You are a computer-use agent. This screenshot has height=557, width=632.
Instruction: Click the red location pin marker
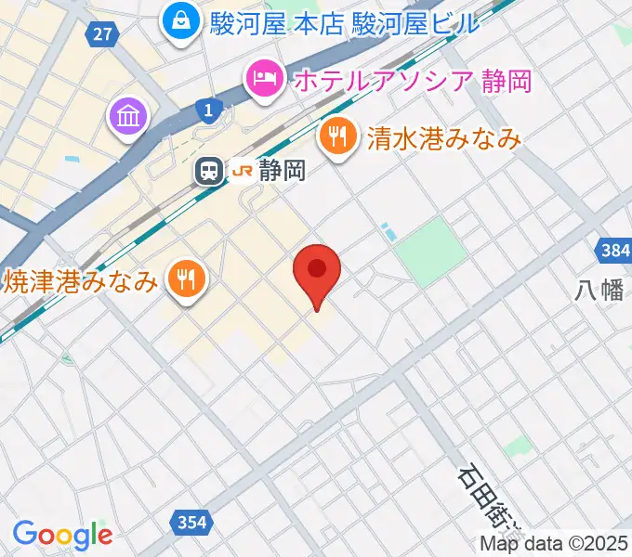coord(317,271)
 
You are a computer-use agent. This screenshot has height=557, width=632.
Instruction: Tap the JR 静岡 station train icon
coord(209,171)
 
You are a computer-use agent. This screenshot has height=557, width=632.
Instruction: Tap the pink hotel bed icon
coord(264,80)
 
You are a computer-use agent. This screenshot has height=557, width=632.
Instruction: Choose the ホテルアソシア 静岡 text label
coord(413,81)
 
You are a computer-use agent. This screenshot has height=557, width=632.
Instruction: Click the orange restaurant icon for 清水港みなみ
coord(336,139)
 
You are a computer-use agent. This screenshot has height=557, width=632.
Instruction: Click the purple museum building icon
coord(127,117)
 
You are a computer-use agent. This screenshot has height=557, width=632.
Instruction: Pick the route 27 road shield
coord(103,34)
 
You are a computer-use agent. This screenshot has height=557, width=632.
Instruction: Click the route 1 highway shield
coord(210,110)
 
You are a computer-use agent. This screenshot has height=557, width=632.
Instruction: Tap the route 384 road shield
coord(611,251)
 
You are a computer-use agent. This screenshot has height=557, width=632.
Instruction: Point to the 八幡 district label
coord(599,291)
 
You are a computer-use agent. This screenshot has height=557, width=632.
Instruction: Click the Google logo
coord(62,535)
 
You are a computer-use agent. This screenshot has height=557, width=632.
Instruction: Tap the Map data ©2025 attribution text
coord(554,544)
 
